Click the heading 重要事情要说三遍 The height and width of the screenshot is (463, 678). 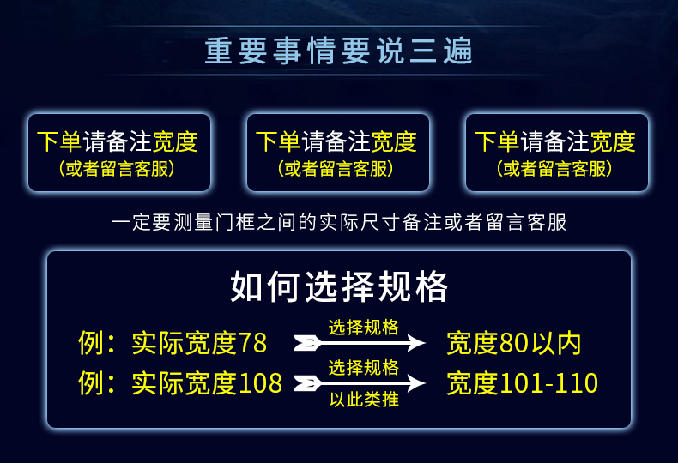[x=338, y=51]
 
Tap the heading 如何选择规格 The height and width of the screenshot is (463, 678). [x=339, y=286]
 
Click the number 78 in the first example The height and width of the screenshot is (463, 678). [x=252, y=343]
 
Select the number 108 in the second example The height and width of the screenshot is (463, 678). [x=260, y=383]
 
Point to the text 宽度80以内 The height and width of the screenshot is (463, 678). [x=514, y=343]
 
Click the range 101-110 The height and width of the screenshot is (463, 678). [x=549, y=383]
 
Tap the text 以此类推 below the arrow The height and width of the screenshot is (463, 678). [x=364, y=400]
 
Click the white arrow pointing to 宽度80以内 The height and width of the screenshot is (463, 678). [x=360, y=343]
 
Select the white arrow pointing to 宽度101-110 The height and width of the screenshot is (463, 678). [x=360, y=383]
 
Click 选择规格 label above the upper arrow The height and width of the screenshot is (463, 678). [x=364, y=328]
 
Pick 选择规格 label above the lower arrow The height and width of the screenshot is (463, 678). [x=364, y=368]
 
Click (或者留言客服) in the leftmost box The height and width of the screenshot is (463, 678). [x=117, y=168]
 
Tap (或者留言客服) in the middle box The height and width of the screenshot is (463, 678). [x=336, y=168]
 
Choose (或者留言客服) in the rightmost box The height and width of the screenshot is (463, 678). [x=554, y=168]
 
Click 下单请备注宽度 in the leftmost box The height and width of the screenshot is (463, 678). [x=118, y=141]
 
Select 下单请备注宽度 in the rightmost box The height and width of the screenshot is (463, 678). [x=555, y=141]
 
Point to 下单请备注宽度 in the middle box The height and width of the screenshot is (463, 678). [x=336, y=141]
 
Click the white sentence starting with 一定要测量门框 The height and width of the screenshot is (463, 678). [x=339, y=222]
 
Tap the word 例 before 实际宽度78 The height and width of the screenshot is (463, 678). [x=90, y=343]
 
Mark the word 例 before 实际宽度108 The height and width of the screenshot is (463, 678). [x=90, y=383]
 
